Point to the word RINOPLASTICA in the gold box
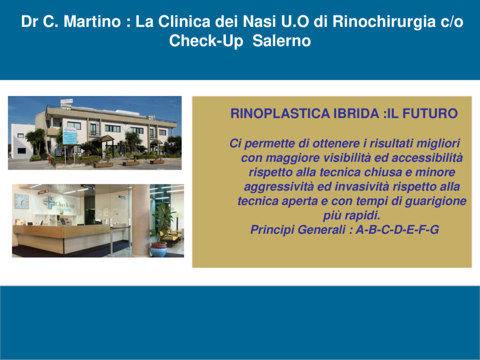[280, 113]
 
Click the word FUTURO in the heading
[430, 113]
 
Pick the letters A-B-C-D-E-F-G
[397, 230]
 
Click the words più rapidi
[352, 216]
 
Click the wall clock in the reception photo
[22, 202]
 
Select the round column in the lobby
[141, 220]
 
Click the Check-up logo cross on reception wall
[49, 202]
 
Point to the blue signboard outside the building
[70, 135]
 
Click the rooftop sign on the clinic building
[67, 101]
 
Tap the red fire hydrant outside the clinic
[49, 159]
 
